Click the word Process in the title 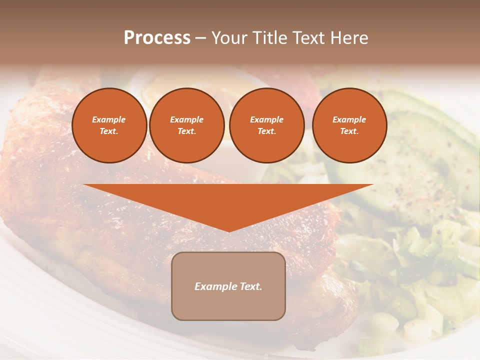point(157,38)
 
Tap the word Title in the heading point(268,38)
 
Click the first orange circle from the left point(109,125)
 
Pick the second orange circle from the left point(187,125)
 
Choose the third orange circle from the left point(266,125)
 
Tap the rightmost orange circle point(349,125)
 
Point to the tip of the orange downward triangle point(229,231)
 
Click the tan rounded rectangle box point(228,300)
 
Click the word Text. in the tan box point(249,286)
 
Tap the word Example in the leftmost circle point(109,119)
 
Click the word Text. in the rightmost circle point(349,131)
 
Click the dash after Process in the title point(201,38)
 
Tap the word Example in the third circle point(266,119)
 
